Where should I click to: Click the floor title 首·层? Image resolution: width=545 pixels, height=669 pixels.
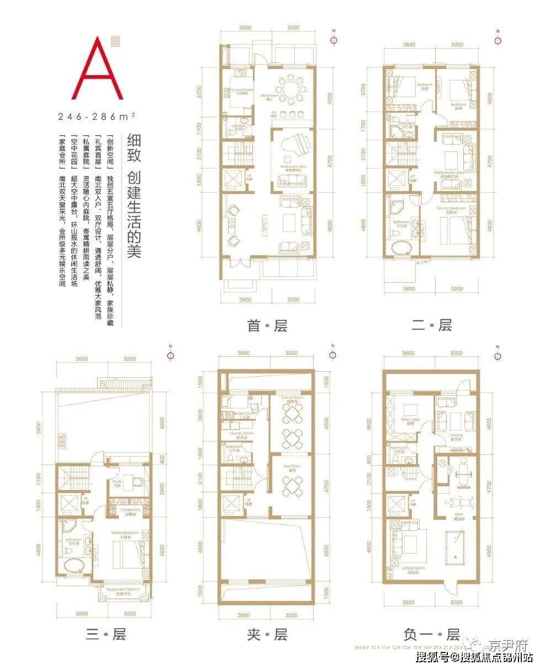(x=267, y=326)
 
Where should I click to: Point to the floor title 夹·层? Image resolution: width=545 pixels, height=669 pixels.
(x=267, y=634)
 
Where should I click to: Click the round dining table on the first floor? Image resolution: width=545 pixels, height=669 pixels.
(x=290, y=88)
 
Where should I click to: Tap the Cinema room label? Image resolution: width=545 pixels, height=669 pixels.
(x=456, y=435)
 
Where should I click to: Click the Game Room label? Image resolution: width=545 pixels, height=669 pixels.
(x=290, y=397)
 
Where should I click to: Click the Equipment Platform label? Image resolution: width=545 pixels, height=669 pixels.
(x=123, y=590)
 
